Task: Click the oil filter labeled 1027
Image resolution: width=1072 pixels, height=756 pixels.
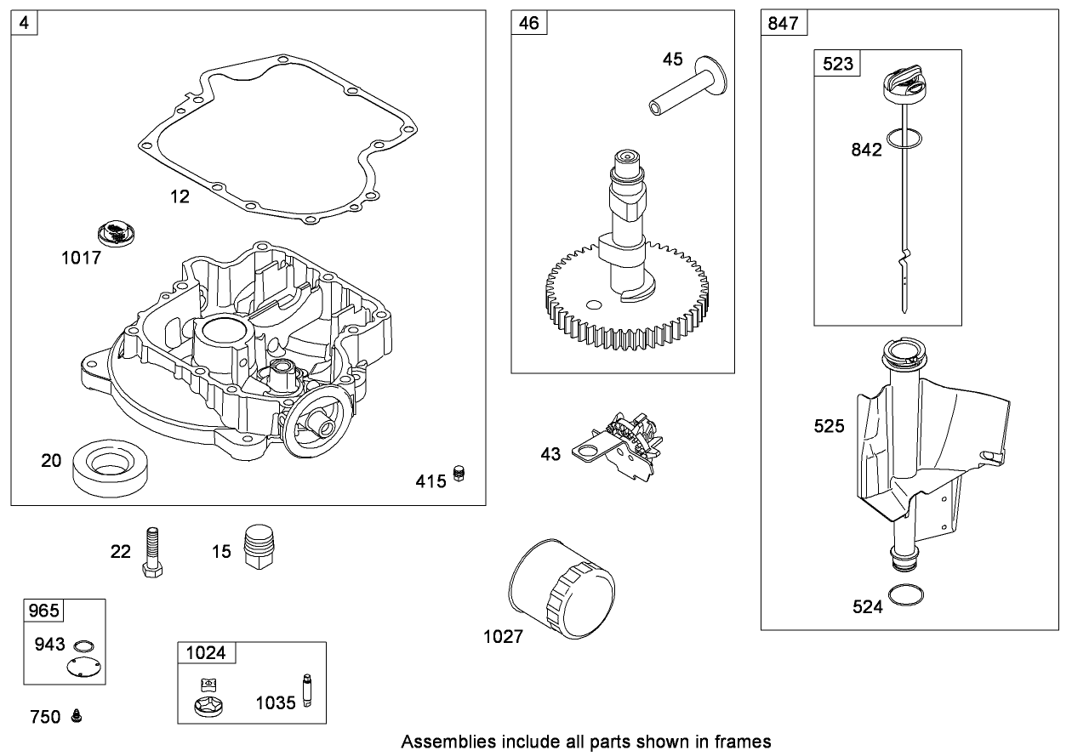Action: (562, 588)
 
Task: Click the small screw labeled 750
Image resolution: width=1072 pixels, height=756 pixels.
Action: (77, 716)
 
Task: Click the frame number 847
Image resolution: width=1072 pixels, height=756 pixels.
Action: (783, 23)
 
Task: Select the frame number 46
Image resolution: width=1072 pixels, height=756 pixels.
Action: (528, 23)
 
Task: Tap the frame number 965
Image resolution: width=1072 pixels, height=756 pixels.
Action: (43, 611)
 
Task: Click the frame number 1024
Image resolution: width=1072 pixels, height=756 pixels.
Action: (206, 653)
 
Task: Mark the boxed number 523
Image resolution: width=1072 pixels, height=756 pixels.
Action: (836, 63)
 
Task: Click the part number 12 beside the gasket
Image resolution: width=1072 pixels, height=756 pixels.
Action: (180, 196)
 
